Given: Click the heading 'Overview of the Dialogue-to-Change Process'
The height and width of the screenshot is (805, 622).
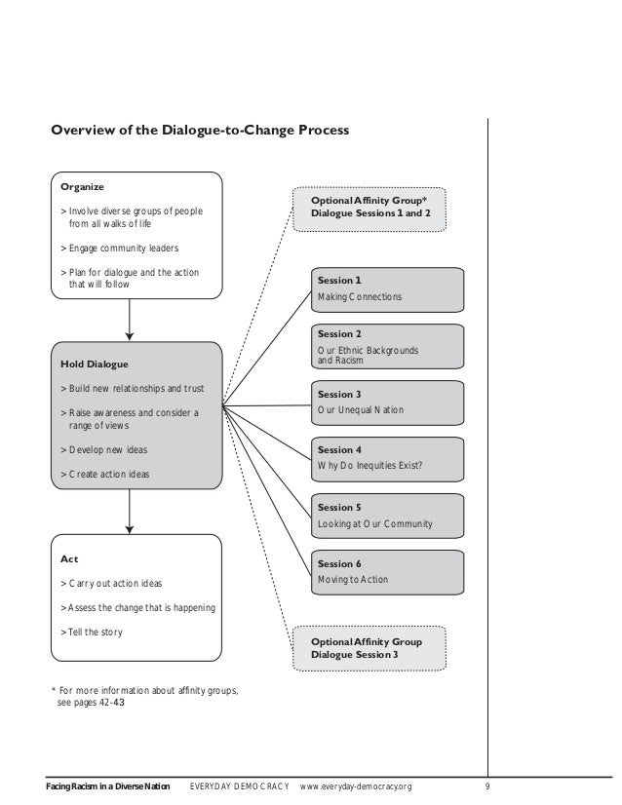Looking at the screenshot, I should point(199,130).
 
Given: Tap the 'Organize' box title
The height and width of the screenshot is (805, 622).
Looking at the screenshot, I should point(83,186).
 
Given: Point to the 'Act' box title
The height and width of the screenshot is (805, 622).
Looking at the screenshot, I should point(69,560).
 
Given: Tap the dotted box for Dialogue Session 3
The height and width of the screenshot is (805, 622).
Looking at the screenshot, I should point(369,649).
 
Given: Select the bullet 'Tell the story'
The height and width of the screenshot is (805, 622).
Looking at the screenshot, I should point(92,632).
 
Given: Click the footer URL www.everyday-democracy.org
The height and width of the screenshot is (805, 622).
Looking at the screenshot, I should point(356,786).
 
